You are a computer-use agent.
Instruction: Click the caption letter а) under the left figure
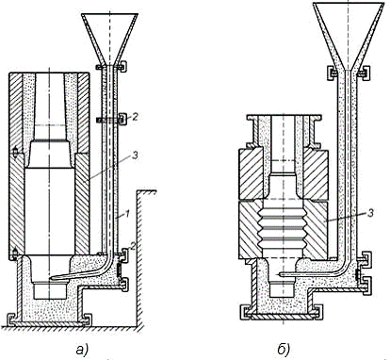[x=82, y=350]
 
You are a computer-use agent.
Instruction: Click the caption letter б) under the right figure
[x=284, y=350]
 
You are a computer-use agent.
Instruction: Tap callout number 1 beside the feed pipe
[x=127, y=215]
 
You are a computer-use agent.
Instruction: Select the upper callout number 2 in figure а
[x=135, y=117]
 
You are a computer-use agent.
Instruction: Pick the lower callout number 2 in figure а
[x=133, y=246]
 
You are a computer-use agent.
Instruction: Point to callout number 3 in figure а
[x=135, y=155]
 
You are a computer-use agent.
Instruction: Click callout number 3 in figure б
[x=370, y=214]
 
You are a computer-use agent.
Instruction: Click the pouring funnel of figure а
[x=109, y=39]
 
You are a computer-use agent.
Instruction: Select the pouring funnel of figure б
[x=349, y=36]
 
